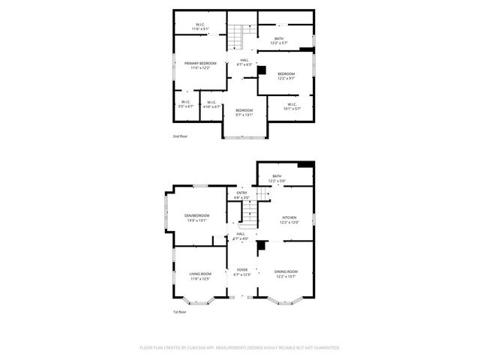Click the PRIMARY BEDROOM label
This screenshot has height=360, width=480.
[200, 63]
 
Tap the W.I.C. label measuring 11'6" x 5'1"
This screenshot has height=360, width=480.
[201, 25]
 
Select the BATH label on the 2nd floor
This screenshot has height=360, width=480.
[278, 38]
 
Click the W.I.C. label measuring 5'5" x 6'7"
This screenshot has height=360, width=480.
[185, 103]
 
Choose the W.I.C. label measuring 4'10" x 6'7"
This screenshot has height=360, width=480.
[211, 103]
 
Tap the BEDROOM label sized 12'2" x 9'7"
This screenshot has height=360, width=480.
[286, 74]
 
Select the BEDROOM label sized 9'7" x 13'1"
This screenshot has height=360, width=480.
[244, 111]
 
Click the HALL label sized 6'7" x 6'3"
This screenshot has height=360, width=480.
[244, 60]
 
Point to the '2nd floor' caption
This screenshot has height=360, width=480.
[181, 136]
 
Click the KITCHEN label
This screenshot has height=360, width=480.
[289, 217]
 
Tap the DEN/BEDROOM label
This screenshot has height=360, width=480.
[196, 216]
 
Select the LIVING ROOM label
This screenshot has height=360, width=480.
[199, 274]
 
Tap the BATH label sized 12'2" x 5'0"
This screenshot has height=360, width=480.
[277, 176]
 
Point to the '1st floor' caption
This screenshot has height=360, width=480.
[180, 311]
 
